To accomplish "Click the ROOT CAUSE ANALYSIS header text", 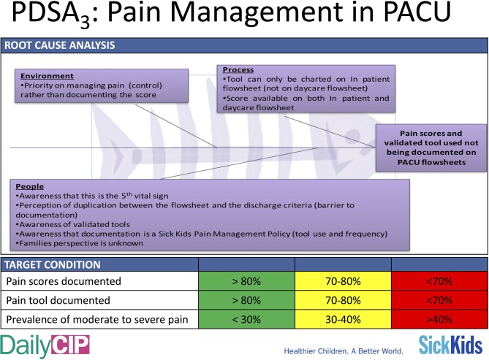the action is (59, 45).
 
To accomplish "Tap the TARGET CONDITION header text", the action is (53, 264).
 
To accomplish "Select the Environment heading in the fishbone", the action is (47, 76).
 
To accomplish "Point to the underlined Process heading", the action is (238, 69).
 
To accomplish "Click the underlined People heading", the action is (30, 186).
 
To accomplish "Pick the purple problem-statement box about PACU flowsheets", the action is (431, 148).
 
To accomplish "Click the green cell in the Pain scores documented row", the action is (246, 281).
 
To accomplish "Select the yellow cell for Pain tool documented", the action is (343, 300).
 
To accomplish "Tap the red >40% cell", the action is (439, 319).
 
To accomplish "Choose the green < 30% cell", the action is (246, 319).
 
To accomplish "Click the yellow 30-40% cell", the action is (343, 319).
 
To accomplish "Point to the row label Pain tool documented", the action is (58, 300).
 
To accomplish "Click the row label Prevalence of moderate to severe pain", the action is (97, 320).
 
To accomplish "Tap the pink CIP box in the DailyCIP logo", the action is (70, 345).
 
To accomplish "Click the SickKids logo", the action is (451, 345).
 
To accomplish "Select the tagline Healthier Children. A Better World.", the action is (344, 351).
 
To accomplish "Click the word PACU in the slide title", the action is (417, 12).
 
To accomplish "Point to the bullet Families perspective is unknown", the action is (79, 243).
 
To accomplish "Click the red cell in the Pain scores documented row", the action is (439, 281).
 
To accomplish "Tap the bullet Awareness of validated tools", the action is (72, 224).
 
